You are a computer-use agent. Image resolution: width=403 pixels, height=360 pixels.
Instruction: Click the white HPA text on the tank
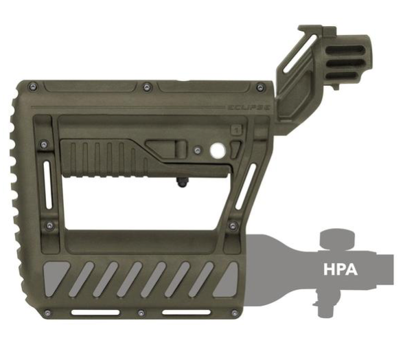[341, 269]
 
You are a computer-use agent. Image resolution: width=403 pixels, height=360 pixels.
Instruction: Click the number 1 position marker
[237, 130]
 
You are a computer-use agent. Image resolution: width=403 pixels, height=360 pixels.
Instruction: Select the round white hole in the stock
[218, 150]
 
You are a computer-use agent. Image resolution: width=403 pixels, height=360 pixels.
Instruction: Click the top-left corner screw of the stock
[33, 87]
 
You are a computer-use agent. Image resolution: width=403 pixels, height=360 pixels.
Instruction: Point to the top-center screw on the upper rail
[146, 87]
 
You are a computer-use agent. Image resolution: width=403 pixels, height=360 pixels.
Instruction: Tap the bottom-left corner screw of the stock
[47, 313]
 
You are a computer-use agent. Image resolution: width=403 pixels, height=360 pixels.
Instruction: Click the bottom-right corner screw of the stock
[235, 313]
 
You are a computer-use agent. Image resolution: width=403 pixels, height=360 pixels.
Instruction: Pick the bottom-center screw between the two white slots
[141, 313]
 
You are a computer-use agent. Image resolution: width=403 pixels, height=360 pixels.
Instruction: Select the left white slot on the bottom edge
[95, 313]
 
